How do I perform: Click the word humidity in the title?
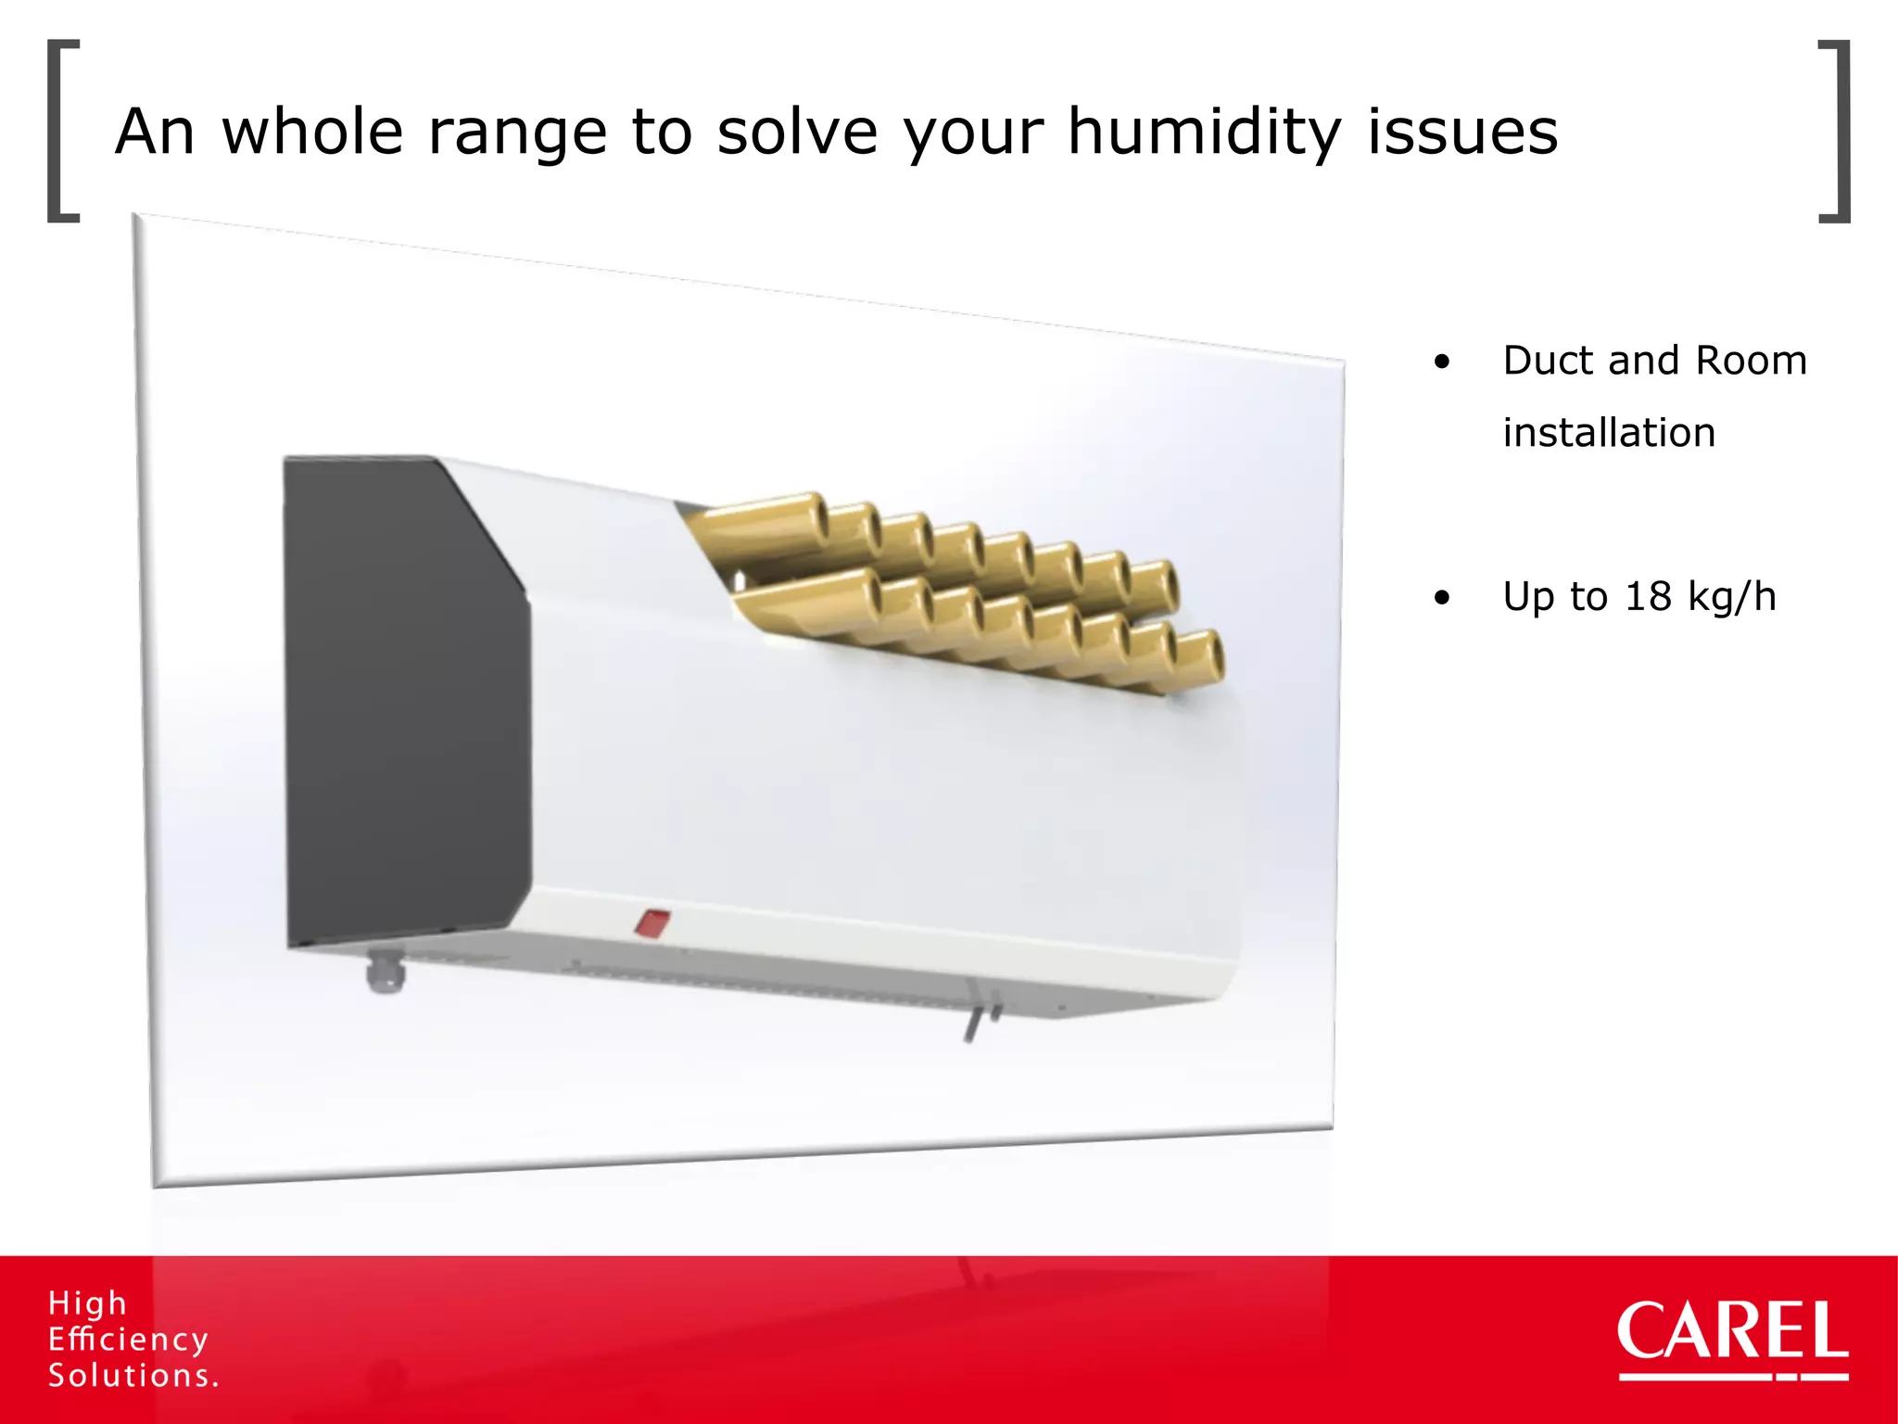[1205, 133]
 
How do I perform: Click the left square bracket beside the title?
[62, 131]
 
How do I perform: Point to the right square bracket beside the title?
[1835, 131]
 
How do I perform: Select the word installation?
[1609, 433]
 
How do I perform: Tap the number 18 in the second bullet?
[1647, 596]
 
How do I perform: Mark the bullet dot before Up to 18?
[1441, 599]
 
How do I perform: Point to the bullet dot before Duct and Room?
[1441, 362]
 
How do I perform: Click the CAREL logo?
[1732, 1336]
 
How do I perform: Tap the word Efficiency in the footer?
[128, 1340]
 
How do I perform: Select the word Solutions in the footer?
[133, 1376]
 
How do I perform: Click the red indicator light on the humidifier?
[652, 923]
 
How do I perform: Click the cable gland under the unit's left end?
[384, 972]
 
